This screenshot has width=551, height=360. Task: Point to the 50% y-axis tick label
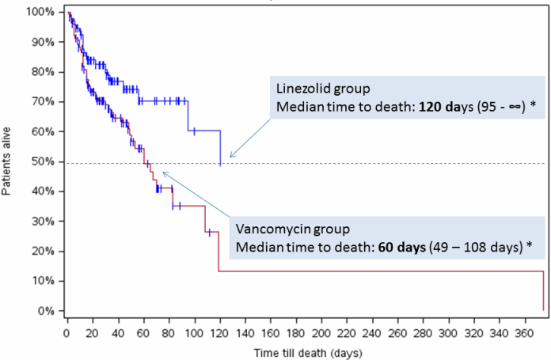(43, 161)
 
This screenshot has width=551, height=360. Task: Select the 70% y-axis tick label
(43, 102)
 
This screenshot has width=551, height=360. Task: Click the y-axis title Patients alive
(7, 161)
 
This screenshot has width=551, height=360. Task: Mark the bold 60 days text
(400, 248)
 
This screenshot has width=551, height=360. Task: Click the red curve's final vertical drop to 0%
(543, 291)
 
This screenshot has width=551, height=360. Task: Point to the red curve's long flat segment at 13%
(380, 271)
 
